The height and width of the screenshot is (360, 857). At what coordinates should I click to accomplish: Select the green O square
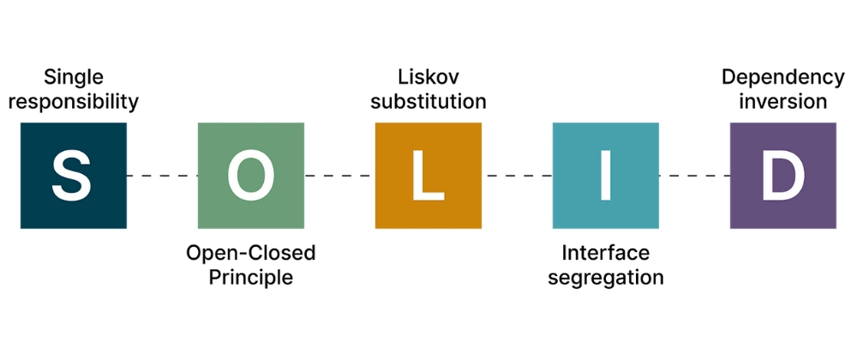tap(251, 176)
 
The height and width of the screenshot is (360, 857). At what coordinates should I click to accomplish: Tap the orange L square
tap(428, 176)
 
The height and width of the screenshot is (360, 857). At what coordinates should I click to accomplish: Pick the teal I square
tap(606, 176)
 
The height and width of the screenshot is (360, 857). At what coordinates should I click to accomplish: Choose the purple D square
tap(783, 176)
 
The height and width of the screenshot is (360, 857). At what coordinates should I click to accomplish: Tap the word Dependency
tap(782, 77)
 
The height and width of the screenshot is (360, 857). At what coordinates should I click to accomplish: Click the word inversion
tap(782, 102)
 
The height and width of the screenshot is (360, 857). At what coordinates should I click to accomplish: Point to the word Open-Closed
tap(251, 253)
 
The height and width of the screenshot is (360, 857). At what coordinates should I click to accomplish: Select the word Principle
tap(251, 278)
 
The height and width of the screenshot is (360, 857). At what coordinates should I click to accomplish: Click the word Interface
tap(606, 253)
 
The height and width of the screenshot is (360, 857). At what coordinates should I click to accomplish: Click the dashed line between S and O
tap(163, 176)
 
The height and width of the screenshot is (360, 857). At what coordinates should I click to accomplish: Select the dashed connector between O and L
tap(339, 176)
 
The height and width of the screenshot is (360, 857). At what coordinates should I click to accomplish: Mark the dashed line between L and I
tap(517, 176)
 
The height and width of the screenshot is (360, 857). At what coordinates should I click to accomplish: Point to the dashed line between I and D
tap(694, 176)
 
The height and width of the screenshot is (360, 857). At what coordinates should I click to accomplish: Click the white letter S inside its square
tap(74, 176)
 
